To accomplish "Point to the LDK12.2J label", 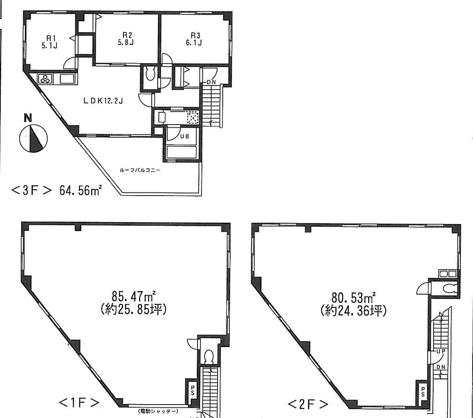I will (104, 101).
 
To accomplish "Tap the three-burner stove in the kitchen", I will (45, 79).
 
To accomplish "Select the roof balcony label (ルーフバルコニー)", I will (140, 171).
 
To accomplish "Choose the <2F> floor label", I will (308, 404).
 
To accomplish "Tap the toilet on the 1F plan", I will (209, 357).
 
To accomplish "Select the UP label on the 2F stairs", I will (440, 351).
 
